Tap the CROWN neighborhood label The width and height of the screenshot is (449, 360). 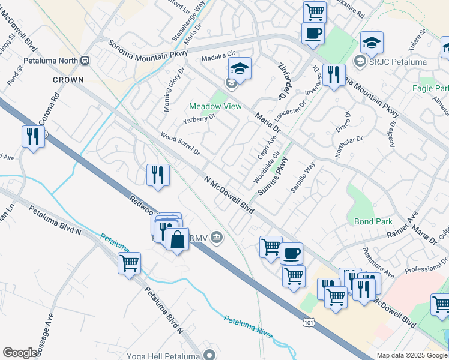coord(68,79)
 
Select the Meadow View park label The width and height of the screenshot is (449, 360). coord(215,106)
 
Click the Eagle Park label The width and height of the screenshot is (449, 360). coord(430,88)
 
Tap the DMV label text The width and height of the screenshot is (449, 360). coord(199,238)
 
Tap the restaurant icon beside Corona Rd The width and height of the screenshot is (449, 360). coord(33,136)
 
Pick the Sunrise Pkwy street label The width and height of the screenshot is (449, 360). coord(274,177)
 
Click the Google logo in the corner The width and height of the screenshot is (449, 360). coord(20,353)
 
